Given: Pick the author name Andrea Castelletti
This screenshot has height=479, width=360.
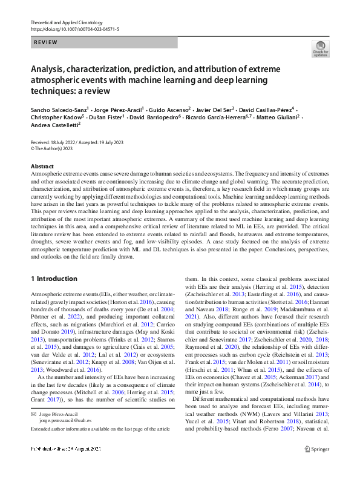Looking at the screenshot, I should click(x=54, y=124).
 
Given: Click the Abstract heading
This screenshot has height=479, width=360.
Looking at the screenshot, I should click(x=41, y=166).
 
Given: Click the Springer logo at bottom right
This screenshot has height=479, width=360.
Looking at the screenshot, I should click(x=316, y=466).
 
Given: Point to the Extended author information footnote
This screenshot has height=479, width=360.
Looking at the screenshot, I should click(x=99, y=429).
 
